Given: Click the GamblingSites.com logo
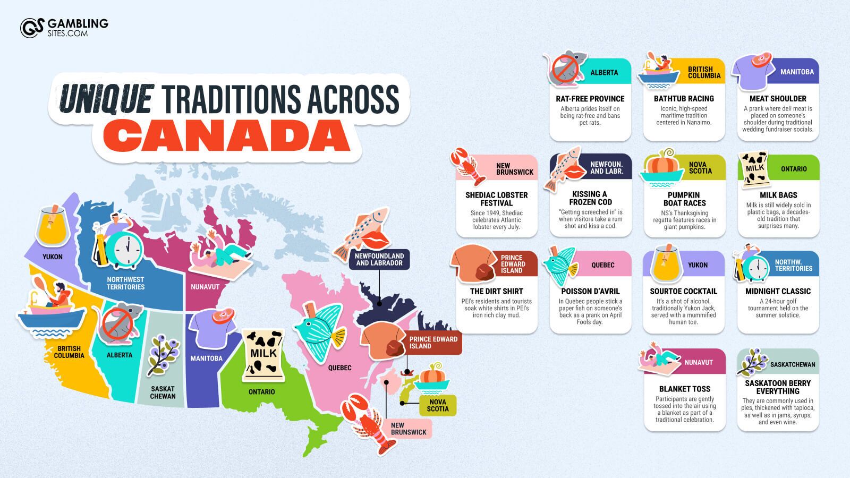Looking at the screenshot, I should click(64, 28).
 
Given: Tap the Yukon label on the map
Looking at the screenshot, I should click(53, 257).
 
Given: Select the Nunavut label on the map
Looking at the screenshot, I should click(205, 287).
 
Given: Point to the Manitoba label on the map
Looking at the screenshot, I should click(207, 358).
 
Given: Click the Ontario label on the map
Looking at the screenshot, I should click(262, 392).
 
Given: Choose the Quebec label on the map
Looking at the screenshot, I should click(339, 368).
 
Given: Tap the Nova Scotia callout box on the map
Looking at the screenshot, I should click(438, 405).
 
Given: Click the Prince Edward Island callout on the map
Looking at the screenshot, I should click(433, 343).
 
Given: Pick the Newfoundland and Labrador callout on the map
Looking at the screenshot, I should click(379, 259).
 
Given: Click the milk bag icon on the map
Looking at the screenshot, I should click(263, 355).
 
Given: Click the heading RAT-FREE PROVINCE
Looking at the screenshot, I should click(590, 99).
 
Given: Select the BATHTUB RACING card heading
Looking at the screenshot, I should click(684, 99).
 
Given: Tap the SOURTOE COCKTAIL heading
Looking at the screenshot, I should click(684, 292).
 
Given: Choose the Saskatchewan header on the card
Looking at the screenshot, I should click(793, 364).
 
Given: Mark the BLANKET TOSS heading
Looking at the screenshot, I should click(685, 389).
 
